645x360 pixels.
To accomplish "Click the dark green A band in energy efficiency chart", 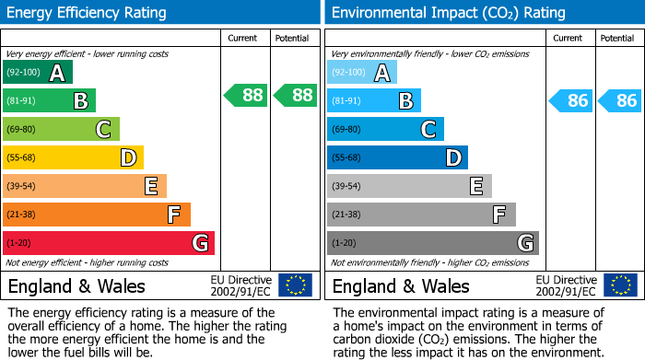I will (x=38, y=73).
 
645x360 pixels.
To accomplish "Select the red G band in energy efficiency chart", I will (x=109, y=243).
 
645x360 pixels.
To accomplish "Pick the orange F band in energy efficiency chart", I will (x=97, y=215).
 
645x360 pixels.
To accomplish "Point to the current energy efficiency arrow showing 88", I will (x=246, y=95).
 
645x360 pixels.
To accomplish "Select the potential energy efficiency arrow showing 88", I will (x=295, y=95).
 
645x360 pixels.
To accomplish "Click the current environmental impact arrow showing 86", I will (x=571, y=100).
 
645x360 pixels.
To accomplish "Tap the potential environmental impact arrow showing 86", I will (x=619, y=100).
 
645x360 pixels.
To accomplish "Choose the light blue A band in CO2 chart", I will (x=362, y=73).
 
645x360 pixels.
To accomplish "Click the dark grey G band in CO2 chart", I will (x=432, y=243).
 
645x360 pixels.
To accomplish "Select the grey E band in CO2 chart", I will (x=409, y=186).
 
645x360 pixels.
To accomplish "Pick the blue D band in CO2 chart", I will (x=397, y=157).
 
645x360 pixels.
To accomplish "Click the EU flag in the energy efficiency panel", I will (x=295, y=285).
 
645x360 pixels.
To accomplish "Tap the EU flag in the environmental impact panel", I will (x=619, y=285).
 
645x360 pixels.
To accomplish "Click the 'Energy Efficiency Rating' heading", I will (x=88, y=13).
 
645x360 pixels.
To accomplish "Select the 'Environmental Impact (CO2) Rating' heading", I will (x=448, y=13).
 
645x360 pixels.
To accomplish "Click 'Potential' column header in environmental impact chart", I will (x=617, y=39).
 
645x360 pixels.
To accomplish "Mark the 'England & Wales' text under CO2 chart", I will (x=401, y=285).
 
